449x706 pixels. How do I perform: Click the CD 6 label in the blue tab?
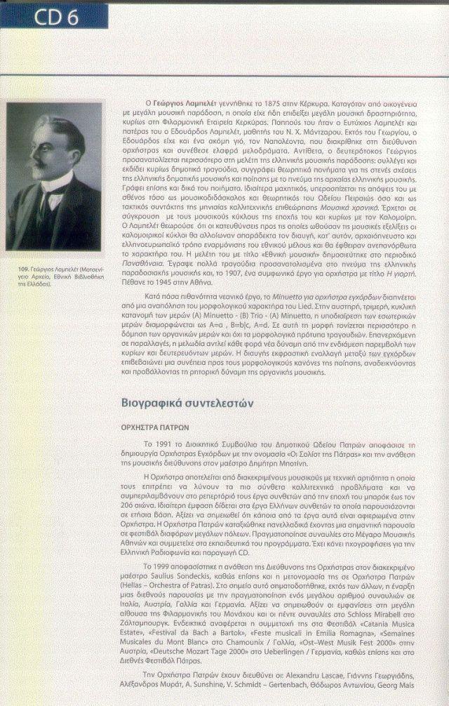tap(54, 18)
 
